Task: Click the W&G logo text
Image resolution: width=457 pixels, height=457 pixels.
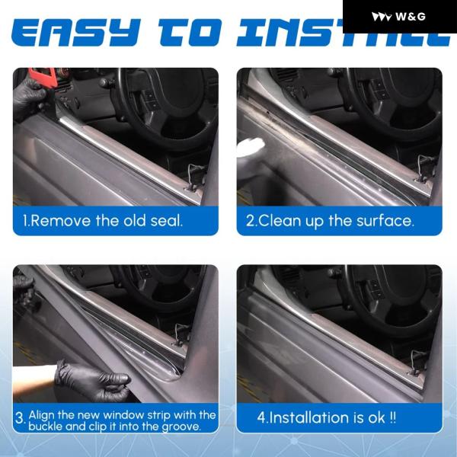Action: [411, 17]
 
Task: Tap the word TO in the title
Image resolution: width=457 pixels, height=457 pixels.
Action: [190, 32]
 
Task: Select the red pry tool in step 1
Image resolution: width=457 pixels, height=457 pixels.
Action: [43, 76]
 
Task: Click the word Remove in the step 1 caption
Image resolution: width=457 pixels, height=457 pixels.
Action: [60, 221]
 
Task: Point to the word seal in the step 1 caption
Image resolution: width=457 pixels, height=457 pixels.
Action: [166, 221]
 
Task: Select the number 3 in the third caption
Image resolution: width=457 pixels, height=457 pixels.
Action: [21, 418]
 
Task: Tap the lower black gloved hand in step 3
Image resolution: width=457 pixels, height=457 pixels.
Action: [92, 380]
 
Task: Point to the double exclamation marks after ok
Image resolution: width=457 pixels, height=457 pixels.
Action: [392, 417]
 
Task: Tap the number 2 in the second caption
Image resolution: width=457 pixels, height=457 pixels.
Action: [250, 221]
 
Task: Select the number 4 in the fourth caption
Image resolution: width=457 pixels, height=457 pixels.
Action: [261, 417]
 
